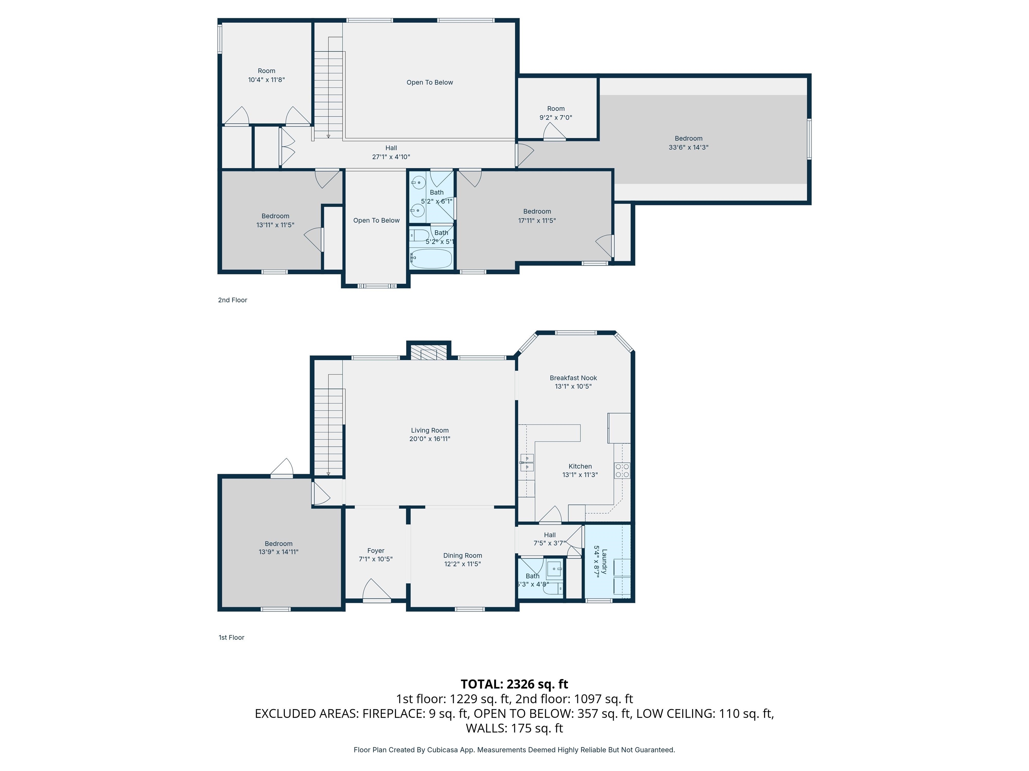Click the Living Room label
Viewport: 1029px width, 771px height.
pos(429,430)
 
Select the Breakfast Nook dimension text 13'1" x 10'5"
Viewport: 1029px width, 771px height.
pos(573,386)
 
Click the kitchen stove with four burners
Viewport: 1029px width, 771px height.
pos(622,470)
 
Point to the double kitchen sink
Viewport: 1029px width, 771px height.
pos(527,463)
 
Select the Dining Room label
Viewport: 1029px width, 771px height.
pos(462,555)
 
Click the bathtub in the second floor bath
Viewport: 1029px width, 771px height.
pos(431,258)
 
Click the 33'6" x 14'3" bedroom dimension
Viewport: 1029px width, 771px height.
pos(688,147)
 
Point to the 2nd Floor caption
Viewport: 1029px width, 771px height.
pos(232,300)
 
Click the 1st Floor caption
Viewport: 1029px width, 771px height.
pos(231,637)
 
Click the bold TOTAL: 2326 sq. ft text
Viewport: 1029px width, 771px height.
pos(514,684)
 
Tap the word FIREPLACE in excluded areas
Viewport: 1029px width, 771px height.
pos(392,713)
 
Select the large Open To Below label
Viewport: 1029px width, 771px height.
pos(429,82)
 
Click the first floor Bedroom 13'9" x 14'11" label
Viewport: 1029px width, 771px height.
pos(278,548)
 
